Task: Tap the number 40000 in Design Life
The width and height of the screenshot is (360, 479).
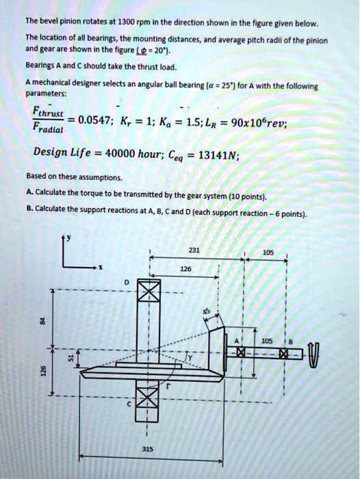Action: tap(123, 152)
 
